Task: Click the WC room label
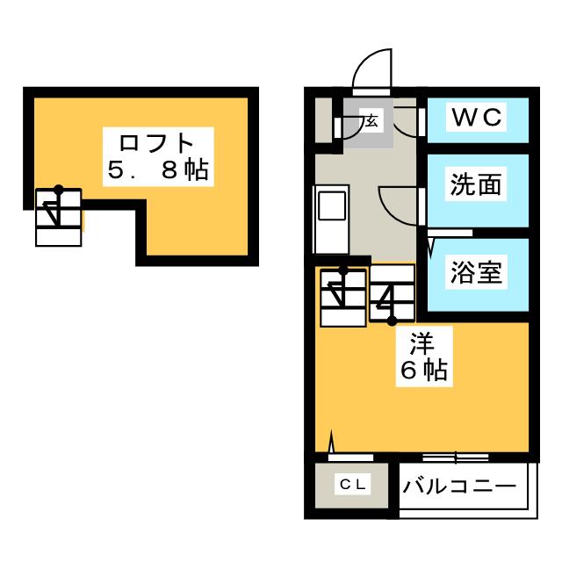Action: [x=477, y=117]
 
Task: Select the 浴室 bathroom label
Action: [x=476, y=271]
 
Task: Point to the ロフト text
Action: [x=156, y=142]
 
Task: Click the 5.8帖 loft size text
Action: [x=158, y=169]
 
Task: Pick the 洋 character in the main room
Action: [x=422, y=343]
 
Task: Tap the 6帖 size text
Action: [x=424, y=371]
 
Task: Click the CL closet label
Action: [x=353, y=485]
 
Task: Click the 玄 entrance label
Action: [x=371, y=121]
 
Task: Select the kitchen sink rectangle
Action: [x=332, y=205]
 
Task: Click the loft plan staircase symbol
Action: [x=59, y=217]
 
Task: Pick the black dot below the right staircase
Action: [x=392, y=321]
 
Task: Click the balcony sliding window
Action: [x=456, y=458]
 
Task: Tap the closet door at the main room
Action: [x=350, y=457]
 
